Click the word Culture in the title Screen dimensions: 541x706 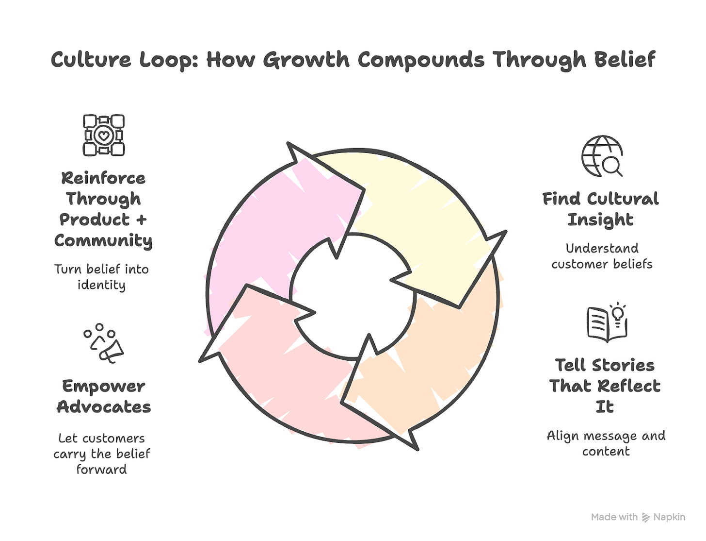coord(91,60)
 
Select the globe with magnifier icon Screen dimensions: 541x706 coord(602,156)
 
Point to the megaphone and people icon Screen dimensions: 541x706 coord(104,343)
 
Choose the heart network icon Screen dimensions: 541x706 coord(103,135)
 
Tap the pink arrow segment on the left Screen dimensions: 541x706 coord(272,228)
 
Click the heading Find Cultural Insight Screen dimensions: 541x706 coord(600,209)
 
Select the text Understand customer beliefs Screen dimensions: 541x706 coord(602,256)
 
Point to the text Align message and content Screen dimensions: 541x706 coord(606,443)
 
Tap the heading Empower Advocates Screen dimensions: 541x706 coord(104,396)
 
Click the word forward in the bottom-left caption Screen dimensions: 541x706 coord(101,470)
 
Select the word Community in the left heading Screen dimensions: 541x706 coord(103,241)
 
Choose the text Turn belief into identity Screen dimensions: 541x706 coord(101,277)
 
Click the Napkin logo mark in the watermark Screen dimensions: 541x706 coord(646,518)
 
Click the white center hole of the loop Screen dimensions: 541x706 coord(353,296)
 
